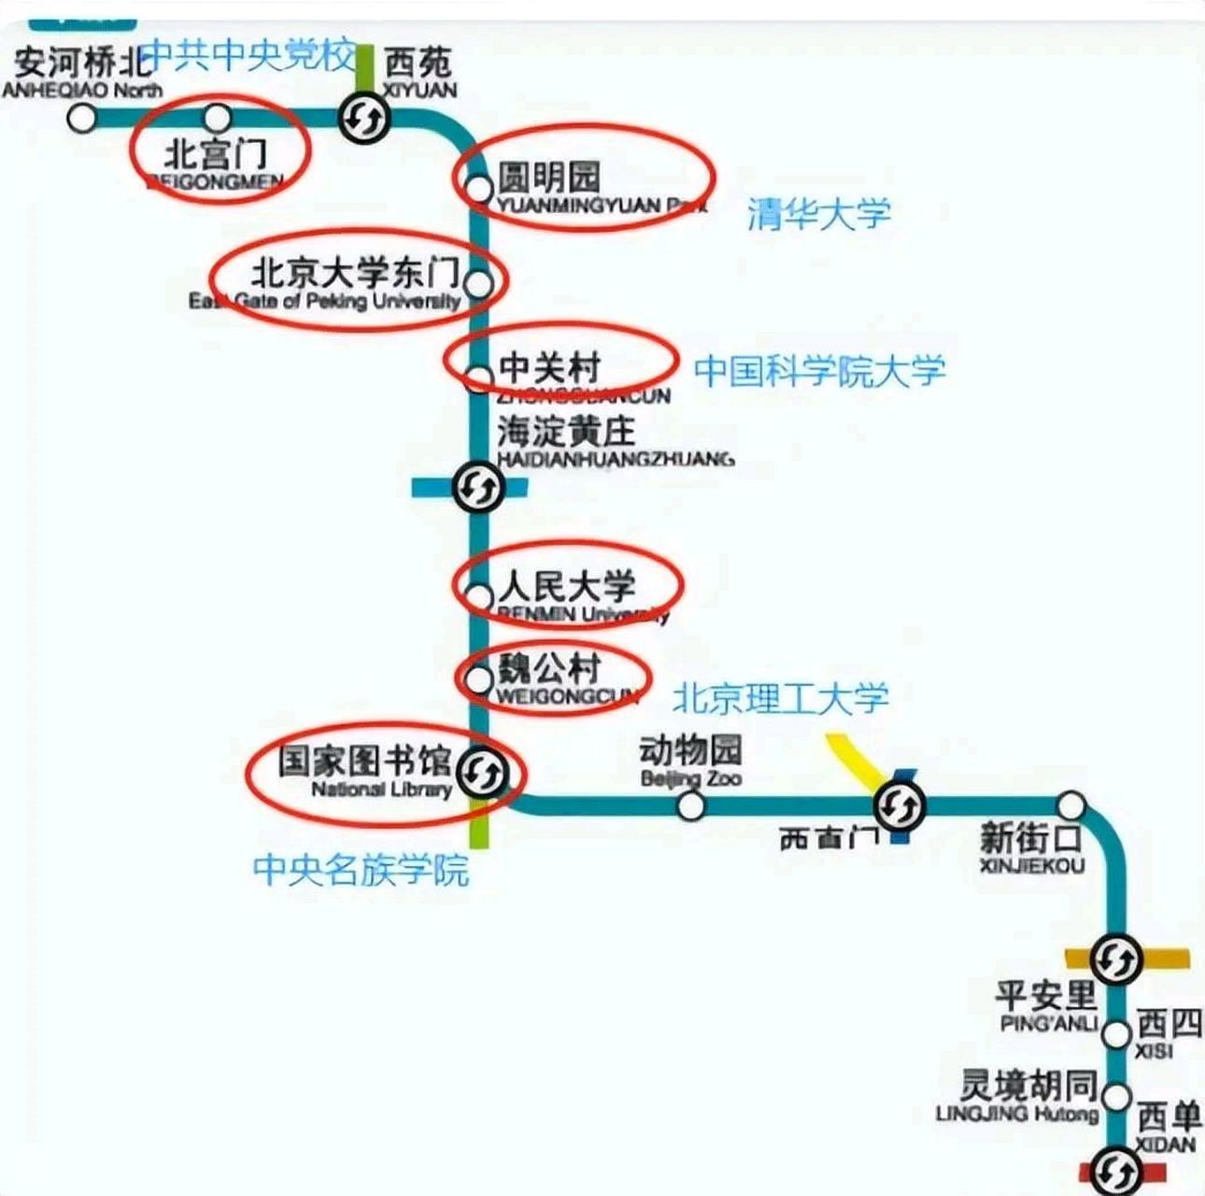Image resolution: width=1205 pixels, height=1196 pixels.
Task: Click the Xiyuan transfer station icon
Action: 364,119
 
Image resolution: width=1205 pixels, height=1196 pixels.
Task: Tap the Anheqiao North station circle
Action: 83,118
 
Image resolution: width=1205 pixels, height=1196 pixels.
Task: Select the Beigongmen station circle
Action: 218,118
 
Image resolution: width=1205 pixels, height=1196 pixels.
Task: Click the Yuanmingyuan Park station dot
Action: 479,189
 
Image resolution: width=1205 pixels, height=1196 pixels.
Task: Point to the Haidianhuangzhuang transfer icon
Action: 478,487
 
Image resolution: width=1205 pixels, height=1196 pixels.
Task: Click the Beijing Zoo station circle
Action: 690,805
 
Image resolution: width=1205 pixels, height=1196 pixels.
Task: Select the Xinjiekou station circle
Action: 1071,805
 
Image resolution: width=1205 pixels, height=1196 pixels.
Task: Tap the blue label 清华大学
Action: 818,215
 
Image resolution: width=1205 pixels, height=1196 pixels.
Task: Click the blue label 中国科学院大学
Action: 819,371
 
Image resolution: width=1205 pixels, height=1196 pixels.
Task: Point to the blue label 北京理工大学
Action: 781,697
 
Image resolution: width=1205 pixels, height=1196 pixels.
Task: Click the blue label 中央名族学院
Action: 361,870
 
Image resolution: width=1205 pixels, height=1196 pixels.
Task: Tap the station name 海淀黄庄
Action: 566,432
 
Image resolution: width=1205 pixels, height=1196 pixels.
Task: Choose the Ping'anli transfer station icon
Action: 1116,959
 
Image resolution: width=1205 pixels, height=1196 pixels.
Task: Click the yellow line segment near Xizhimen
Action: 851,760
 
